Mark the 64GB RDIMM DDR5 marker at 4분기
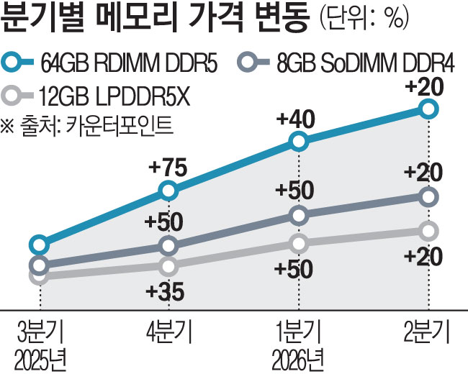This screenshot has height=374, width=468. coord(168,191)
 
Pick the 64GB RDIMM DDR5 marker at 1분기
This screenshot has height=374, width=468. coord(299,142)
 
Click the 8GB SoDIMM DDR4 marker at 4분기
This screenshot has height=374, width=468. coord(168,246)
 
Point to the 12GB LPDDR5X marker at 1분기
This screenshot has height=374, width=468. coord(299,243)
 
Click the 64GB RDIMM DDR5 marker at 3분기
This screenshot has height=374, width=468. coord(40,245)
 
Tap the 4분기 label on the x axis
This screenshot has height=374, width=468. coord(168,333)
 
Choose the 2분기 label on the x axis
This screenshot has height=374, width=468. coord(428,333)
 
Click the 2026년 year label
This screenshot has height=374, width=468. coord(298,357)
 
